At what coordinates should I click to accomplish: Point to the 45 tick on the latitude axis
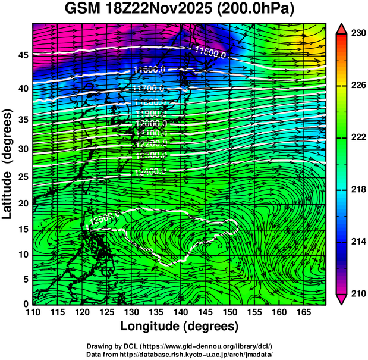click(x=22, y=55)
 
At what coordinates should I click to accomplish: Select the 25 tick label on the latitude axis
click(x=22, y=177)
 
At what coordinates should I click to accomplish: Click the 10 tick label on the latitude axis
click(x=22, y=255)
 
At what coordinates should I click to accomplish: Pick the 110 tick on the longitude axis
click(x=33, y=313)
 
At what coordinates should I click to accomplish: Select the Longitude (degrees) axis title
click(x=180, y=327)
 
